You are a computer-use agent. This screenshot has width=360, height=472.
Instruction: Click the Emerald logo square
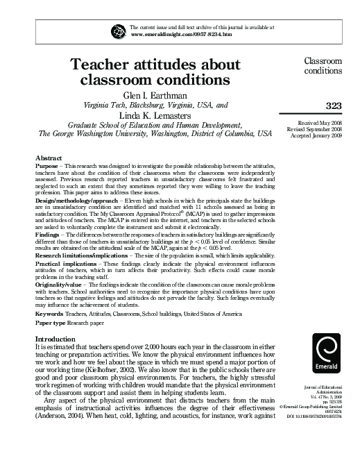327,355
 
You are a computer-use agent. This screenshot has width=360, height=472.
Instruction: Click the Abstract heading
49,158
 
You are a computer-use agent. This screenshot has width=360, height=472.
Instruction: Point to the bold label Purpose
47,167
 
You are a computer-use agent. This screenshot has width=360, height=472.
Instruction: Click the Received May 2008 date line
316,122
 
